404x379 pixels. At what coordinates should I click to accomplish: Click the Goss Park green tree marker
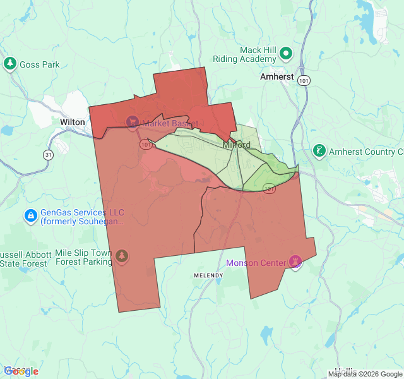point(9,64)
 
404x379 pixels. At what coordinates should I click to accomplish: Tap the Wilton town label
point(72,121)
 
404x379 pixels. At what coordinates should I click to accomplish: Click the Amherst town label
point(277,76)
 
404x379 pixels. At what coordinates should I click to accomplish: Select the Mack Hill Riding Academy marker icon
point(286,54)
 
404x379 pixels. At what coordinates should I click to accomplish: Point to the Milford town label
point(237,145)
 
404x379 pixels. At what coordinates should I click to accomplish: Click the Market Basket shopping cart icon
point(133,122)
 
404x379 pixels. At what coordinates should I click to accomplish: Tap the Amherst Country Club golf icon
point(320,152)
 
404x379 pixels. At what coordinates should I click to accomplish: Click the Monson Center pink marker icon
point(295,261)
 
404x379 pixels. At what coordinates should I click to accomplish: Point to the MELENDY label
point(208,276)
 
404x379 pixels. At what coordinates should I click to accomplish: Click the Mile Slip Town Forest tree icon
point(122,256)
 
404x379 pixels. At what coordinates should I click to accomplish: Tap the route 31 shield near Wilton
point(48,154)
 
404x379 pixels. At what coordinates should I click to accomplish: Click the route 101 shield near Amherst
point(305,80)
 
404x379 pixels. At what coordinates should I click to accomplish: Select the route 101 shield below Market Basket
point(146,145)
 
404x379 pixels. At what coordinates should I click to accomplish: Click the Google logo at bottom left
point(21,371)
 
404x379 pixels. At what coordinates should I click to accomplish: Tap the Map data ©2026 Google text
point(365,374)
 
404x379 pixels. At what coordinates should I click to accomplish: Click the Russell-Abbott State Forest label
point(24,258)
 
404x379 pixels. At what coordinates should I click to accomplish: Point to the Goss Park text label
point(39,64)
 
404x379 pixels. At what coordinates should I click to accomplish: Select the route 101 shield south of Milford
point(270,188)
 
